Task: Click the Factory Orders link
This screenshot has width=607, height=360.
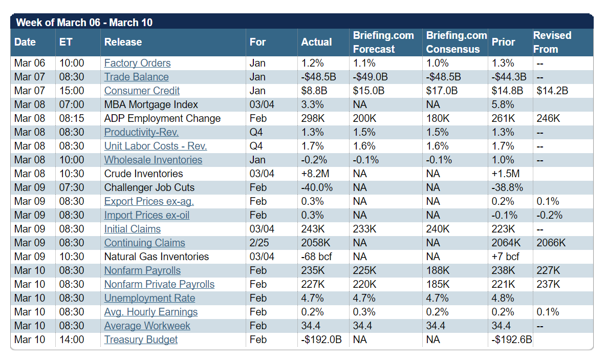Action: pyautogui.click(x=137, y=63)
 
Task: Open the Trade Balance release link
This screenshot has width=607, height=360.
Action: pyautogui.click(x=136, y=77)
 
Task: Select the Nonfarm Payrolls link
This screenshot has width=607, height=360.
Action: pyautogui.click(x=142, y=270)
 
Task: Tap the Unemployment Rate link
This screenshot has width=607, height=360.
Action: pyautogui.click(x=149, y=298)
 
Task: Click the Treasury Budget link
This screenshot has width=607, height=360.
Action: pyautogui.click(x=141, y=340)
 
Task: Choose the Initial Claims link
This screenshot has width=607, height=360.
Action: pyautogui.click(x=132, y=229)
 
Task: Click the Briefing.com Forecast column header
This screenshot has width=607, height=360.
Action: pyautogui.click(x=383, y=42)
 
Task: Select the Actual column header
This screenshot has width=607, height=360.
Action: pyautogui.click(x=316, y=42)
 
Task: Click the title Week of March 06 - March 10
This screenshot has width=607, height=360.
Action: pyautogui.click(x=84, y=23)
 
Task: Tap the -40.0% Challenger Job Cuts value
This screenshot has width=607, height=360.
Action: pyautogui.click(x=318, y=187)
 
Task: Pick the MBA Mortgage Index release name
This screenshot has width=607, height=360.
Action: pyautogui.click(x=151, y=104)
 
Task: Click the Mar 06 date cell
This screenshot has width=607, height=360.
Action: pyautogui.click(x=30, y=63)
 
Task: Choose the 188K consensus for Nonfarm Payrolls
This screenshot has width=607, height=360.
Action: pyautogui.click(x=438, y=270)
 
